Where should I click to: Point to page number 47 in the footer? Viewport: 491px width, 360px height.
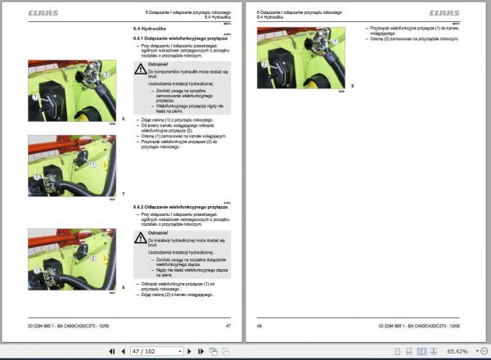228,326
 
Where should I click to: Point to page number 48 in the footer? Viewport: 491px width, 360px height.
259,326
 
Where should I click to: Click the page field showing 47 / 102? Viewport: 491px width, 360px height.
155,351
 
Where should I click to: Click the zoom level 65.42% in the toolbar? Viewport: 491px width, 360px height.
457,351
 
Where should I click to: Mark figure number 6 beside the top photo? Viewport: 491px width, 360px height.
124,119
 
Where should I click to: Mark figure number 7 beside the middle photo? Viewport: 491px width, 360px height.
124,192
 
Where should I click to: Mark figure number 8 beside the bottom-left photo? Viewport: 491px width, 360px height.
124,286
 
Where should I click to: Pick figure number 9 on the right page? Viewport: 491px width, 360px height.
352,86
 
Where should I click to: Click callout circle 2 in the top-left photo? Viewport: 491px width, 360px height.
104,73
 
